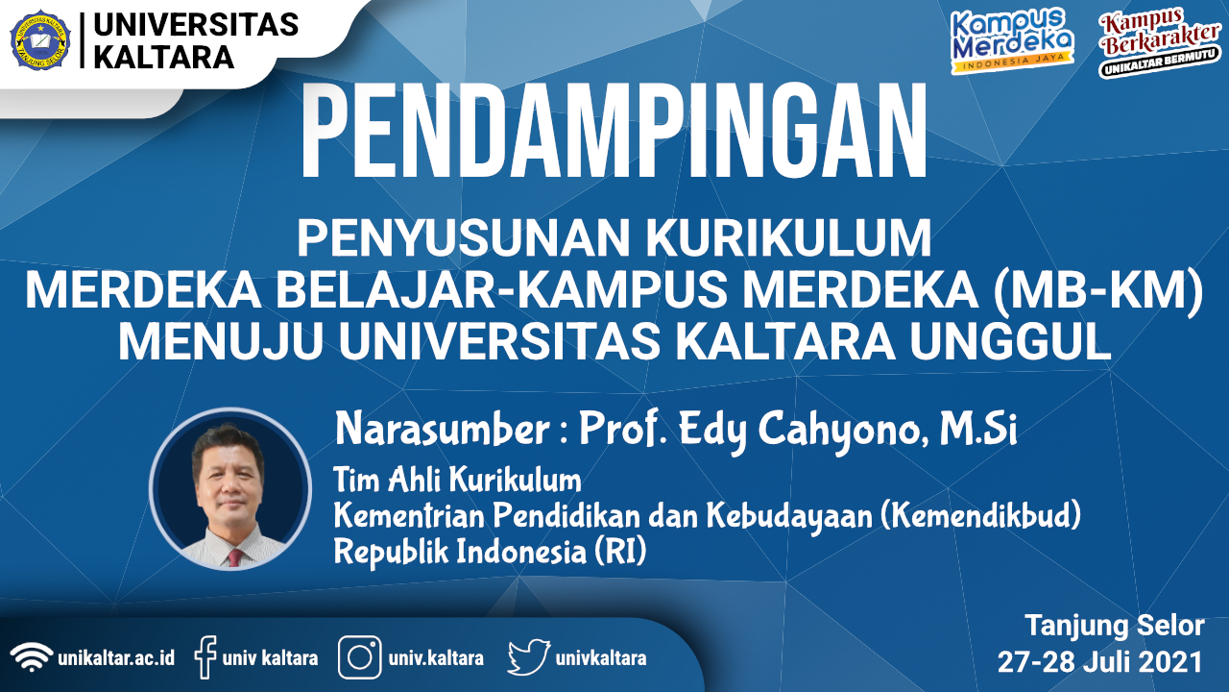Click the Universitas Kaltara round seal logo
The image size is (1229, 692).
(x=40, y=39)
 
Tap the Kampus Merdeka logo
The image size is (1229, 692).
(x=1012, y=40)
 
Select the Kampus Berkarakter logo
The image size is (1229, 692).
(x=1159, y=42)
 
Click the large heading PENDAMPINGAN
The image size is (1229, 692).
(x=614, y=132)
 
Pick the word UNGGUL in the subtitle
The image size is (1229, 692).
(x=1009, y=340)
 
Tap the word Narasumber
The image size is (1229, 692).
(x=443, y=429)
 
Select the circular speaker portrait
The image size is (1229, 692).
(x=230, y=489)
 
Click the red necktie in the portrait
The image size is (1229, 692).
(x=235, y=556)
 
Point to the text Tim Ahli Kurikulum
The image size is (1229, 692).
(x=457, y=480)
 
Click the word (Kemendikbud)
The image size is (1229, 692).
(x=981, y=516)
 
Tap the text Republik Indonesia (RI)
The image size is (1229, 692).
(x=490, y=552)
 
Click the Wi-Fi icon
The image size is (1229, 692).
(x=32, y=656)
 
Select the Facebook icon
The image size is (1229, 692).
(x=205, y=656)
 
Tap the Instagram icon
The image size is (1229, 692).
(x=360, y=656)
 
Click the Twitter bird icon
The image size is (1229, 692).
(x=529, y=656)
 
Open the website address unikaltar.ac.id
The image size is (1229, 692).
(x=116, y=658)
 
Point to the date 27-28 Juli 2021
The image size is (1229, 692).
(x=1100, y=662)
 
